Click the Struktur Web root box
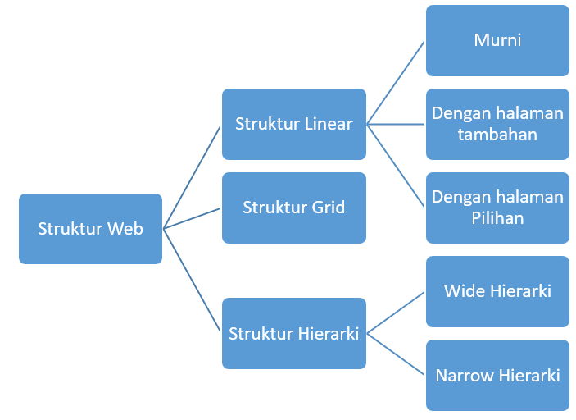coord(90,229)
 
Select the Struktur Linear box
coord(293,124)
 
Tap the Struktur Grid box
coord(293,208)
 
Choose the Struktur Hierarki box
coord(293,333)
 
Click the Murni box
coord(497,40)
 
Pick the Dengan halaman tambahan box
coord(497,124)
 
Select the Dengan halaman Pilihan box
coord(497,208)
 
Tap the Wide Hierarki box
coord(497,291)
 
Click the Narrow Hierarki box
coord(497,375)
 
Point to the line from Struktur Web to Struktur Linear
coord(193,176)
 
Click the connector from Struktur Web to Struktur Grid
coord(193,218)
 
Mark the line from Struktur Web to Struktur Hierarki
coord(193,281)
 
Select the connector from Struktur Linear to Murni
coord(396,83)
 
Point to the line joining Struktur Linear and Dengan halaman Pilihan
coord(396,166)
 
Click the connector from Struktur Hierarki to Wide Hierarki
coord(396,313)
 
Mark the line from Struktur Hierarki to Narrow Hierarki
coord(396,354)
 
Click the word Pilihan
coord(497,218)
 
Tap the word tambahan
coord(497,135)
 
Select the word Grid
coord(328,208)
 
